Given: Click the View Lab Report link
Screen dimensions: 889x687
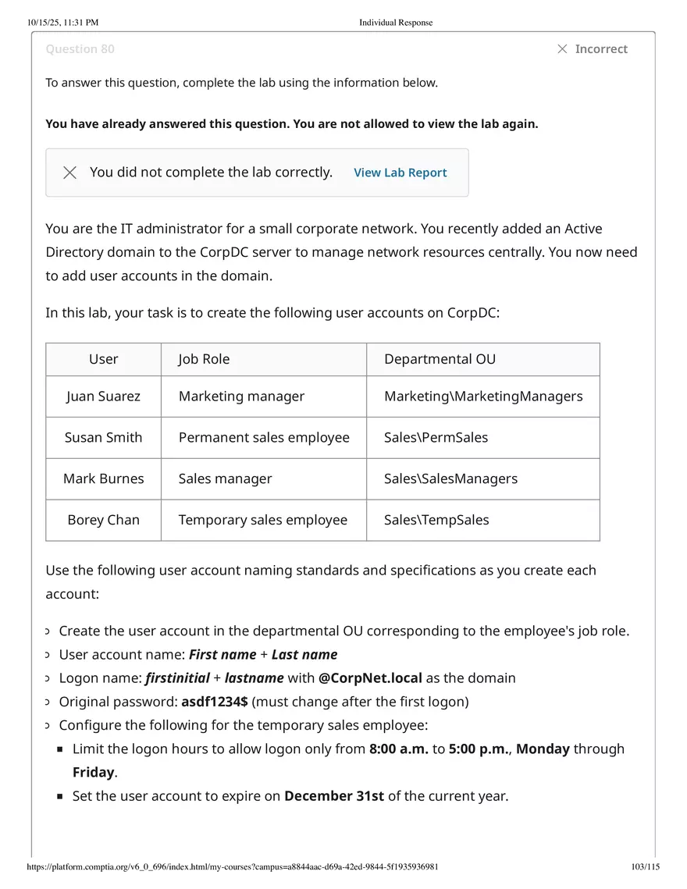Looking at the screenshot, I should [400, 172].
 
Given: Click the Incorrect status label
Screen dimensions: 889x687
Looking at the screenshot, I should [600, 49].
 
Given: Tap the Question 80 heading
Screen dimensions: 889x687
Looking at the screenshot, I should [80, 49].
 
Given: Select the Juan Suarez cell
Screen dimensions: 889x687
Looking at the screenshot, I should [103, 396].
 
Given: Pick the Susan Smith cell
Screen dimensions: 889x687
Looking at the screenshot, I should [103, 438].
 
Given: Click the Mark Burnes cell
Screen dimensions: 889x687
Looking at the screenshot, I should [103, 479].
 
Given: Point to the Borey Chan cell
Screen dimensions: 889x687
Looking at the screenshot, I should [103, 520].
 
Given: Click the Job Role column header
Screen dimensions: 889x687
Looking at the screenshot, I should [204, 359].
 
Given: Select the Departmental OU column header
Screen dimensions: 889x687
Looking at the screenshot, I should [440, 359].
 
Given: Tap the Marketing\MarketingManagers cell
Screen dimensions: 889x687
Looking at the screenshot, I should [483, 396].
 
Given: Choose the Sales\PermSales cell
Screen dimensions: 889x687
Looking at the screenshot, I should [436, 438].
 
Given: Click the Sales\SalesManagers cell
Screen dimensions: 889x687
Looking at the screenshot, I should [450, 479].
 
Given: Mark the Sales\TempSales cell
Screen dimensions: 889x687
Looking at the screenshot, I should [436, 520].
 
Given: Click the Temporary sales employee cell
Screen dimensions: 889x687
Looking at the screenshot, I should [262, 520].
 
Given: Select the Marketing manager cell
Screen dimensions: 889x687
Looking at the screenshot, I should [241, 396].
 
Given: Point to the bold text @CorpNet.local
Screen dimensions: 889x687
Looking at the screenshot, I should [370, 678].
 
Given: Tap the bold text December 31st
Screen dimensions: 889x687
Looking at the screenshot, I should [334, 797].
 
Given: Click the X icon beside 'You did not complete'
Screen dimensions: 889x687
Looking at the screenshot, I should [69, 172].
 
